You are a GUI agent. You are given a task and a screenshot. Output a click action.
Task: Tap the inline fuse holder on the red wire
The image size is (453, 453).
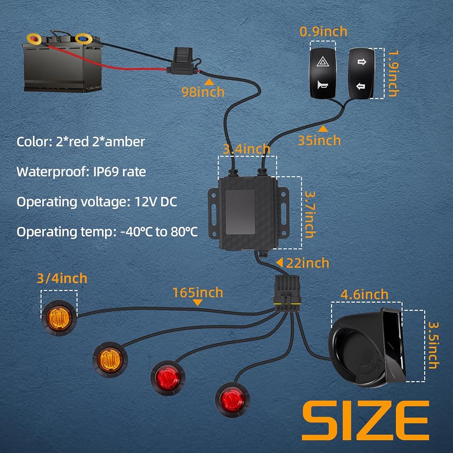point(182,62)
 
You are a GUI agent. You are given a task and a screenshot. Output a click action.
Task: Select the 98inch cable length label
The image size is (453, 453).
point(203,92)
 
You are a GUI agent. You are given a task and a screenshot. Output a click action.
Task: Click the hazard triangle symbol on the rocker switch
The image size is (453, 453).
point(322,62)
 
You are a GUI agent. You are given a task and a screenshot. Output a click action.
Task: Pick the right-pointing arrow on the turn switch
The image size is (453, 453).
point(361,62)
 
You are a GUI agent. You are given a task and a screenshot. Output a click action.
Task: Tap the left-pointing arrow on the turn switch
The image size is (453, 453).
point(361,86)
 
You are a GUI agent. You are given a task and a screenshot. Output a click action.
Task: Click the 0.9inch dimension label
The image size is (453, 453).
point(323,32)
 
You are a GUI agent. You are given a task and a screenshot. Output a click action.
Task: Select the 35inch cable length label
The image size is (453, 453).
point(319,140)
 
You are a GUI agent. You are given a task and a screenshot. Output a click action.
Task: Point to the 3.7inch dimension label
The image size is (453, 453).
point(310,214)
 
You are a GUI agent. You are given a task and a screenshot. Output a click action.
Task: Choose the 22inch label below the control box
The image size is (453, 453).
point(308,263)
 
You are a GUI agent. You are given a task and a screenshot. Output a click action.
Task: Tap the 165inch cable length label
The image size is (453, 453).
point(198,292)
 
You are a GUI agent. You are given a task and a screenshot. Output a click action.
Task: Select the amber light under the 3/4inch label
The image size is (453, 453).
point(59,318)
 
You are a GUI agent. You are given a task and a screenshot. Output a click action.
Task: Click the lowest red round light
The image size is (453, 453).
point(232,400)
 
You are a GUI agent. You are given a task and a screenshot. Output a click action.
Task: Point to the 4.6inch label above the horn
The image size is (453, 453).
point(364,294)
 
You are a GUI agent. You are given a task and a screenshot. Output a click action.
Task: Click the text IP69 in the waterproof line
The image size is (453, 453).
point(106,172)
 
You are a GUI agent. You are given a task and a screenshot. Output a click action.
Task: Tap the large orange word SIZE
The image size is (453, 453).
point(366,420)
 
